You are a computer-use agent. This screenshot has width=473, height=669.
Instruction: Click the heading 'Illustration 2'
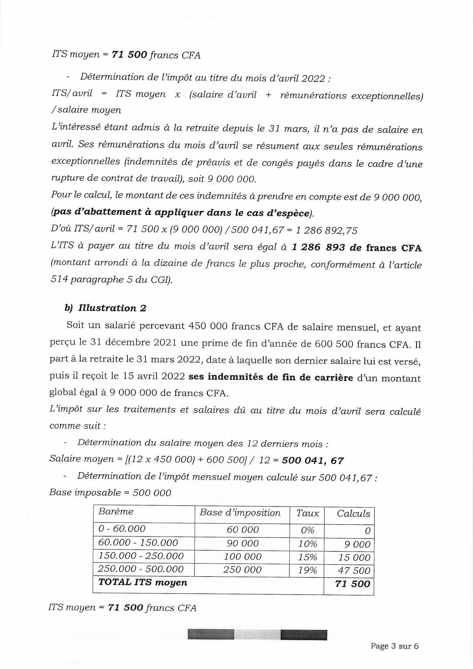[112, 308]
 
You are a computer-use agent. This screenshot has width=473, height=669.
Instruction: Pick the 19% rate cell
[307, 570]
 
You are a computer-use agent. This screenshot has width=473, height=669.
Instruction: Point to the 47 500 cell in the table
[354, 570]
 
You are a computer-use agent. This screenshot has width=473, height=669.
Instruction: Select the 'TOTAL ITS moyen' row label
[142, 583]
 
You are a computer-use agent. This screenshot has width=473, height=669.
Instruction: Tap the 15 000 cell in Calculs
[354, 557]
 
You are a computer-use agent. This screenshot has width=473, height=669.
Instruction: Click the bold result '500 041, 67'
[313, 460]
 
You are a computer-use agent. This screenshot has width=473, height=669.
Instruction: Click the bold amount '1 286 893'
[318, 248]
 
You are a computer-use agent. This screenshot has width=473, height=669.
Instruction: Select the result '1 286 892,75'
[326, 230]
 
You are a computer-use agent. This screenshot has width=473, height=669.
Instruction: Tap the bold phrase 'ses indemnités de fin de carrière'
[271, 377]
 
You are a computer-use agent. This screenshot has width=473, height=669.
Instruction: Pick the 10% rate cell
[307, 544]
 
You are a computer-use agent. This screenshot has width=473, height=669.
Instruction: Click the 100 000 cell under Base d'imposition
[243, 557]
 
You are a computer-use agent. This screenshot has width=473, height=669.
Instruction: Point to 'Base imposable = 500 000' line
[110, 492]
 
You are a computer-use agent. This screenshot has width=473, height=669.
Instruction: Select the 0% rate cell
[307, 530]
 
